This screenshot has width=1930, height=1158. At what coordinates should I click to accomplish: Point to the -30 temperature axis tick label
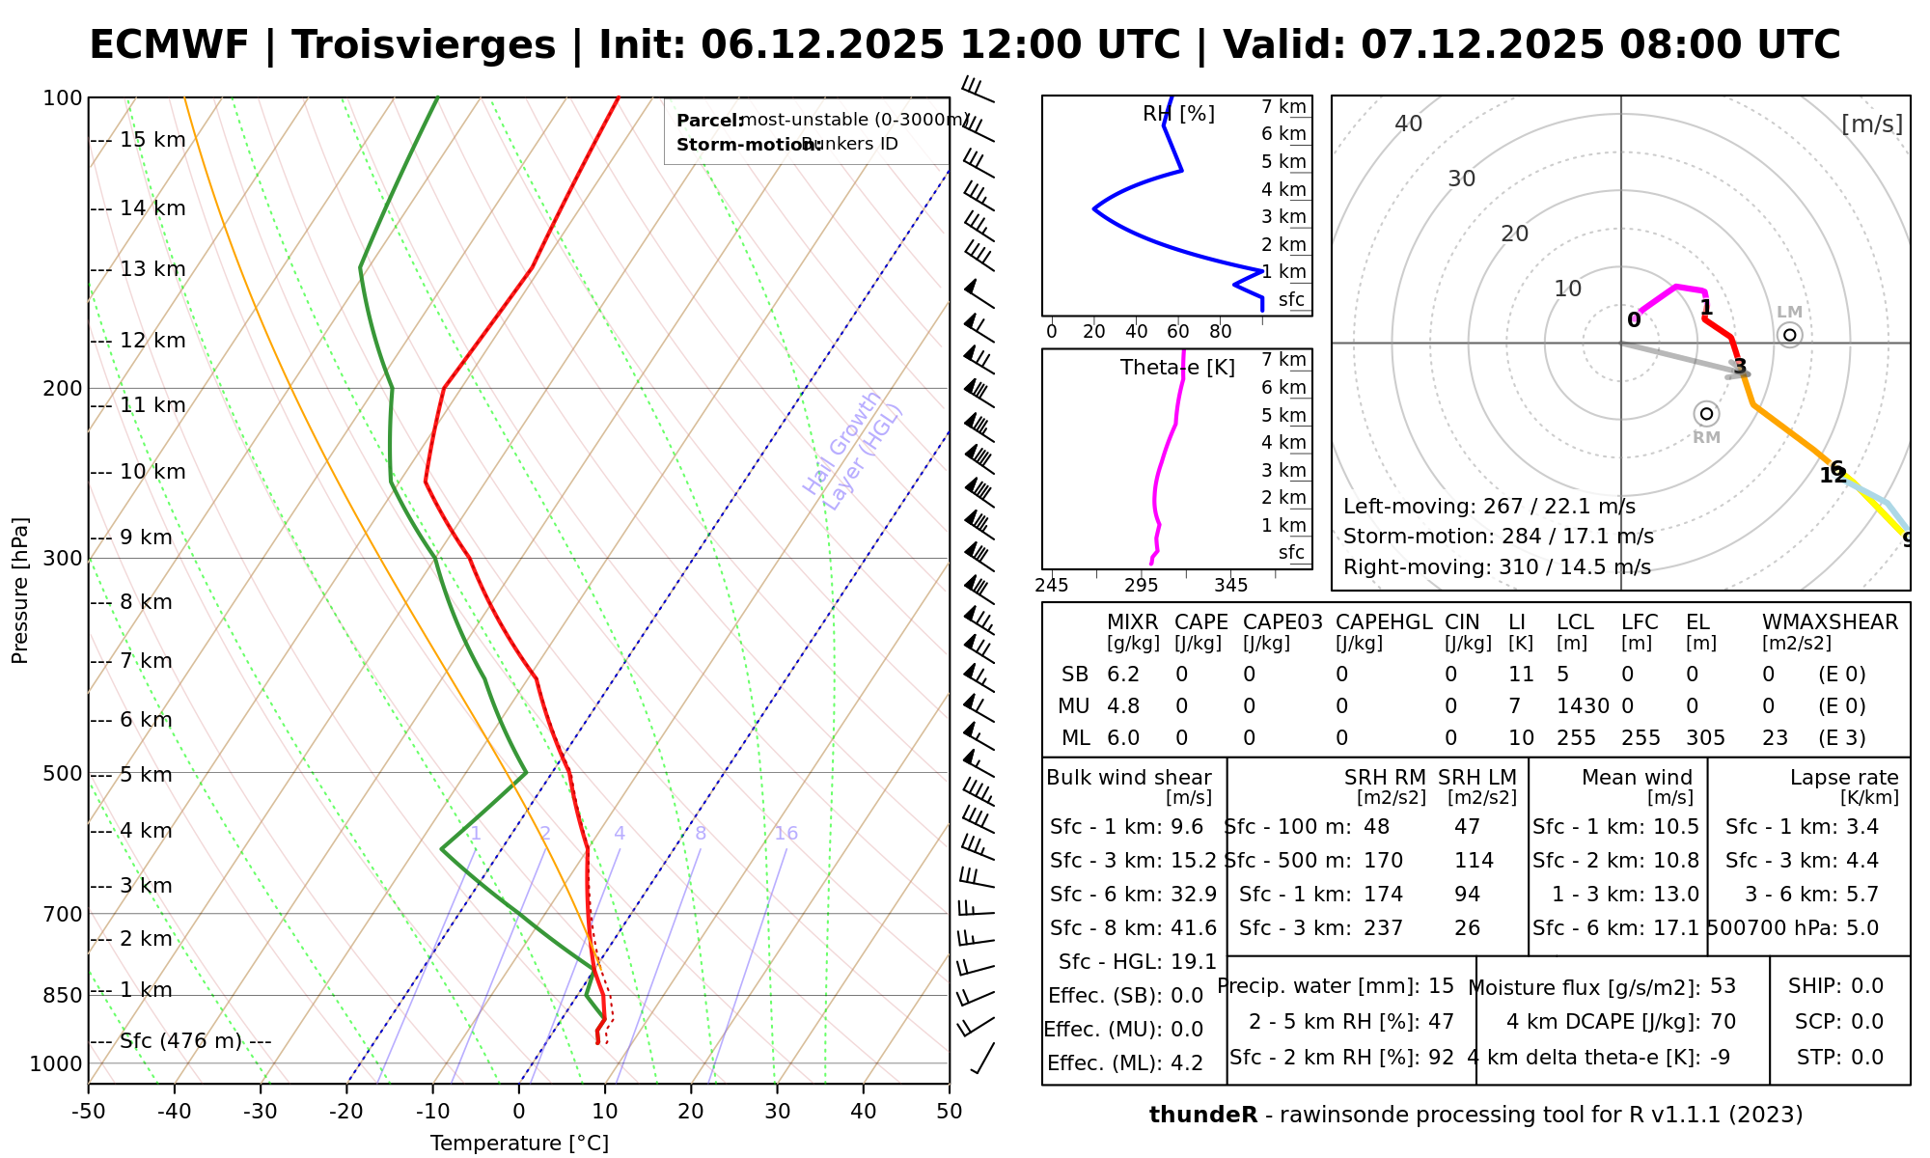261,1112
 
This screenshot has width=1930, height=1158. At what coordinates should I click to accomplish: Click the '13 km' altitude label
152,269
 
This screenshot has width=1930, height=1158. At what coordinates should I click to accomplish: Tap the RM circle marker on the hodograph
1706,414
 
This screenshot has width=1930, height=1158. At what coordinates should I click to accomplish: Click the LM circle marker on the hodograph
1790,335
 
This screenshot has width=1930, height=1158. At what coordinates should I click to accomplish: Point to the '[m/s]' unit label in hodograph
1871,124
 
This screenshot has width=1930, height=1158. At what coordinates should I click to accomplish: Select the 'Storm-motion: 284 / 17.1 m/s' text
1498,537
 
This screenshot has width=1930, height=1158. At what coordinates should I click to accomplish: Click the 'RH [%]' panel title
1178,114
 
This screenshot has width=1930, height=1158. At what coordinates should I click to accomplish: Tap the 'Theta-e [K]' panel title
1177,368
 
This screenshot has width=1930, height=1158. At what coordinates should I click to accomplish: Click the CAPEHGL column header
1384,622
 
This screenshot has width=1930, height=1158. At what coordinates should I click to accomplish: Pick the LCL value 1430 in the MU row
1583,706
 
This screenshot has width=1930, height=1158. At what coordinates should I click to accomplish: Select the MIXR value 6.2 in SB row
1123,675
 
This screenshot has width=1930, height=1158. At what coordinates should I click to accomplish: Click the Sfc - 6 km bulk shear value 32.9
1193,895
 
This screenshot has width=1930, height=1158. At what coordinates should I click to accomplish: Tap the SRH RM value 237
1383,928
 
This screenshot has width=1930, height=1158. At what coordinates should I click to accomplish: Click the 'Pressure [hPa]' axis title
20,591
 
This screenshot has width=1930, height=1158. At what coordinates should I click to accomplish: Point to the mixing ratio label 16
786,834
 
